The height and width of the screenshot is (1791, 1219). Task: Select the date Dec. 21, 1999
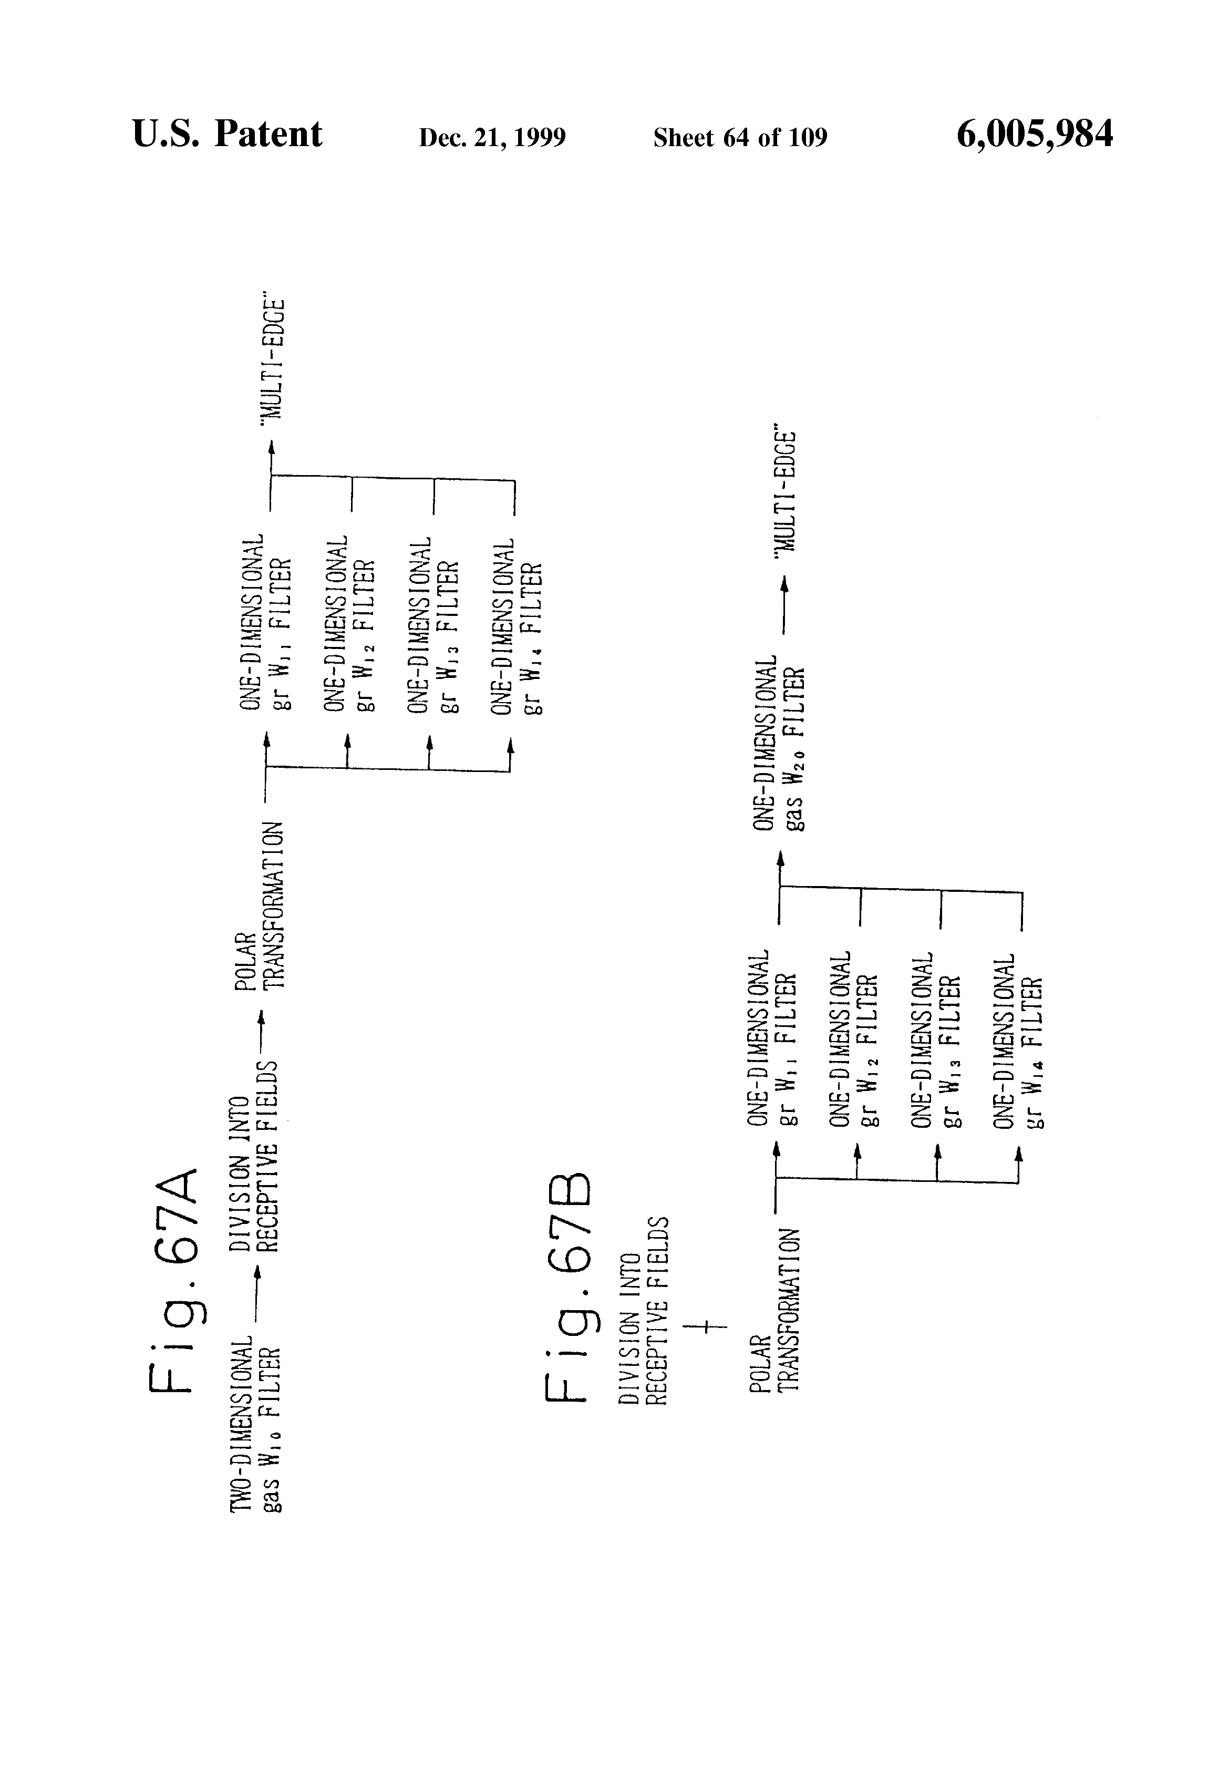tap(492, 137)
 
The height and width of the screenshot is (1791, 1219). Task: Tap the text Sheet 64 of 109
tap(740, 137)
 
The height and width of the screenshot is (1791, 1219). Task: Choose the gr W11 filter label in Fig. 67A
tap(266, 624)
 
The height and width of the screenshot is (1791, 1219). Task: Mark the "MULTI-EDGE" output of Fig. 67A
tap(273, 359)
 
